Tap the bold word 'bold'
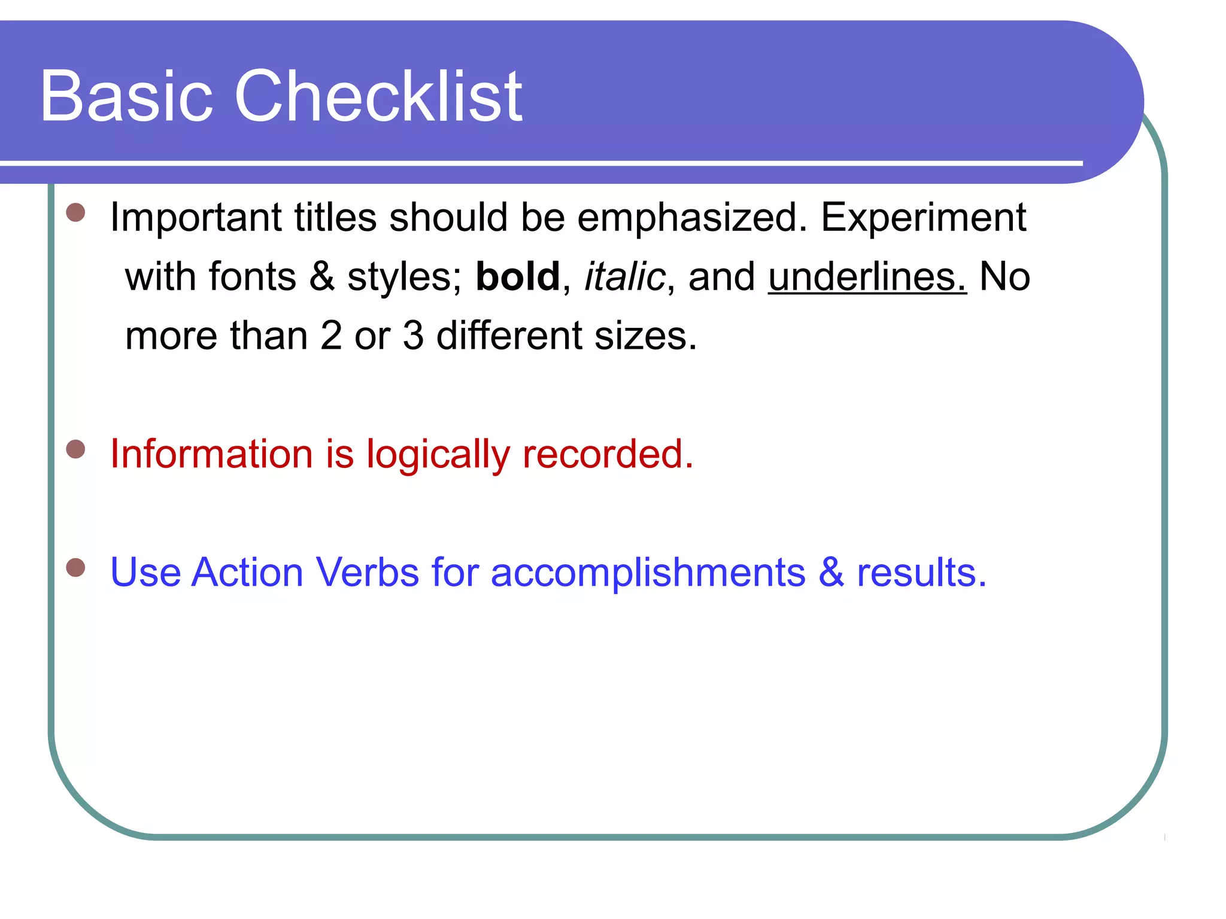click(x=518, y=277)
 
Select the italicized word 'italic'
click(x=624, y=277)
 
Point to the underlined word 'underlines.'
click(x=867, y=277)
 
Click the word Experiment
click(x=924, y=217)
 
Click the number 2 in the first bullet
click(x=331, y=336)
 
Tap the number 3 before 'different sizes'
click(x=413, y=336)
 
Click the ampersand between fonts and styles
click(x=322, y=277)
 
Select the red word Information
click(x=211, y=454)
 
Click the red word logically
click(x=438, y=455)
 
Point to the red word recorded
click(x=608, y=454)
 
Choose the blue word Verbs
click(x=367, y=572)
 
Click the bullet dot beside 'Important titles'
click(x=75, y=212)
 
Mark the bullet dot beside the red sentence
click(x=75, y=449)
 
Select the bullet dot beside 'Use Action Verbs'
click(x=75, y=567)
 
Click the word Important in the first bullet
click(x=195, y=217)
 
